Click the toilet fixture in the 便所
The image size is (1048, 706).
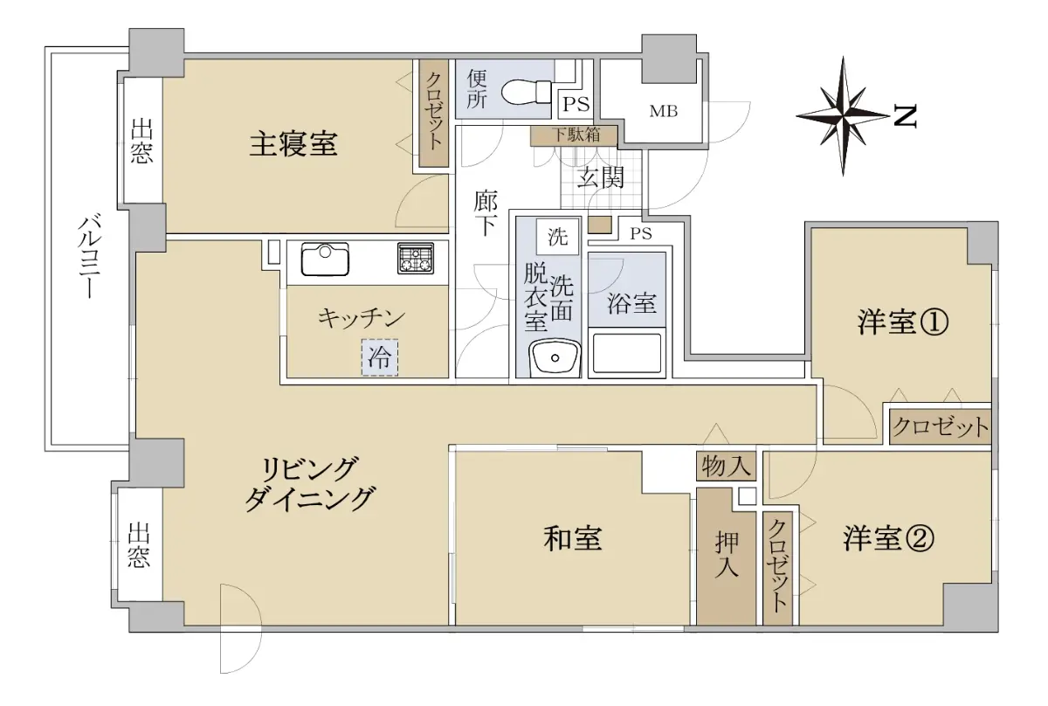tap(527, 92)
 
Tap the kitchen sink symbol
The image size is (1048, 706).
tap(325, 259)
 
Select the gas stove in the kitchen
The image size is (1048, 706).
tap(416, 258)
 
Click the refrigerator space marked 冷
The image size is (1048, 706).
tap(380, 357)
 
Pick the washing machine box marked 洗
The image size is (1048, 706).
tap(557, 237)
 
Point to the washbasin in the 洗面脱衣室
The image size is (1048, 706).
tap(555, 358)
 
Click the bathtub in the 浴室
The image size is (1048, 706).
tap(627, 353)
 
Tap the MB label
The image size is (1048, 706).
tap(664, 112)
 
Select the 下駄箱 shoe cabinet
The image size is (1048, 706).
tap(574, 135)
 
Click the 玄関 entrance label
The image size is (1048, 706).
tap(600, 178)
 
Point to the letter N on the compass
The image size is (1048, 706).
tap(905, 116)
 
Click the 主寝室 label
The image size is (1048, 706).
tap(293, 144)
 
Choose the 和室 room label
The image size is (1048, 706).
tap(573, 538)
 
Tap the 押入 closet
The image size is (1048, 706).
tap(726, 557)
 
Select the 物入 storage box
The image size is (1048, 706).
tap(726, 467)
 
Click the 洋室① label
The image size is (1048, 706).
tap(902, 322)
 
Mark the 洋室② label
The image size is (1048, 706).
tap(888, 538)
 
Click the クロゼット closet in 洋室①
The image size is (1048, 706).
tap(941, 427)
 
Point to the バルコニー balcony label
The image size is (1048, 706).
tap(89, 256)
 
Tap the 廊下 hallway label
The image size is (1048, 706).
tap(486, 213)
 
